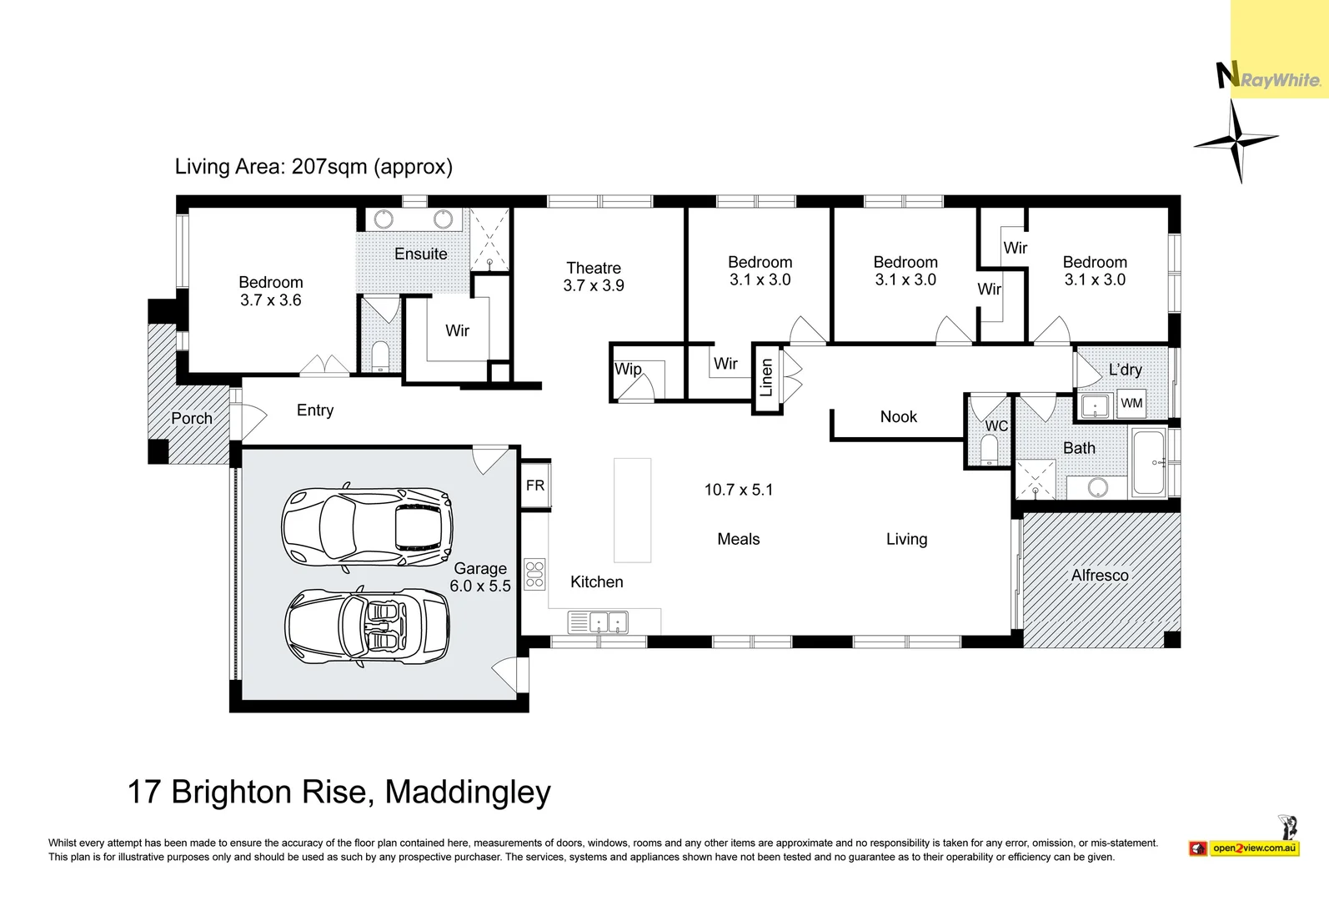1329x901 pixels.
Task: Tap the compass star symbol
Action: (x=1236, y=142)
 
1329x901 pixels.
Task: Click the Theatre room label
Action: (x=594, y=268)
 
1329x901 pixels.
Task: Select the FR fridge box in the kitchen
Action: (x=535, y=485)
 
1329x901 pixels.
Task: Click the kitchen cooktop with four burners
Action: (x=534, y=575)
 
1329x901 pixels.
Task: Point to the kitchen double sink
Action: (x=608, y=622)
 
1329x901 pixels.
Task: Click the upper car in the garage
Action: (x=367, y=527)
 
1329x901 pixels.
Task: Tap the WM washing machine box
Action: (x=1131, y=404)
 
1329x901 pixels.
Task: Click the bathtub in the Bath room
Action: (x=1149, y=462)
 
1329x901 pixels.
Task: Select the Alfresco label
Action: (x=1100, y=576)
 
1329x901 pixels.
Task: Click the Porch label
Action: (x=192, y=418)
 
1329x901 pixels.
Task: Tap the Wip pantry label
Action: (x=628, y=369)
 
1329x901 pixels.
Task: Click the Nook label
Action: (x=898, y=416)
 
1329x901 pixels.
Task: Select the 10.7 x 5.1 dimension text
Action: (x=738, y=490)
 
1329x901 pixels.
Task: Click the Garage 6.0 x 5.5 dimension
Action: (x=480, y=586)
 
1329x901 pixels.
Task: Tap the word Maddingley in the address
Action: (x=468, y=792)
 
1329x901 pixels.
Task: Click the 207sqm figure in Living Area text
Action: (x=329, y=166)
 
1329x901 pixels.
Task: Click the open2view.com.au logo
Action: (x=1253, y=848)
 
